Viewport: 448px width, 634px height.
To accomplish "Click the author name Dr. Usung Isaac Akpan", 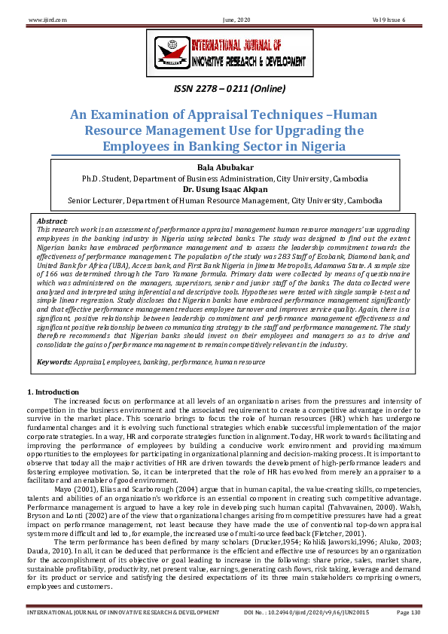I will click(x=224, y=191).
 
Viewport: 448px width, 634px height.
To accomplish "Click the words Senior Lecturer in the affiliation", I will click(x=92, y=202).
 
